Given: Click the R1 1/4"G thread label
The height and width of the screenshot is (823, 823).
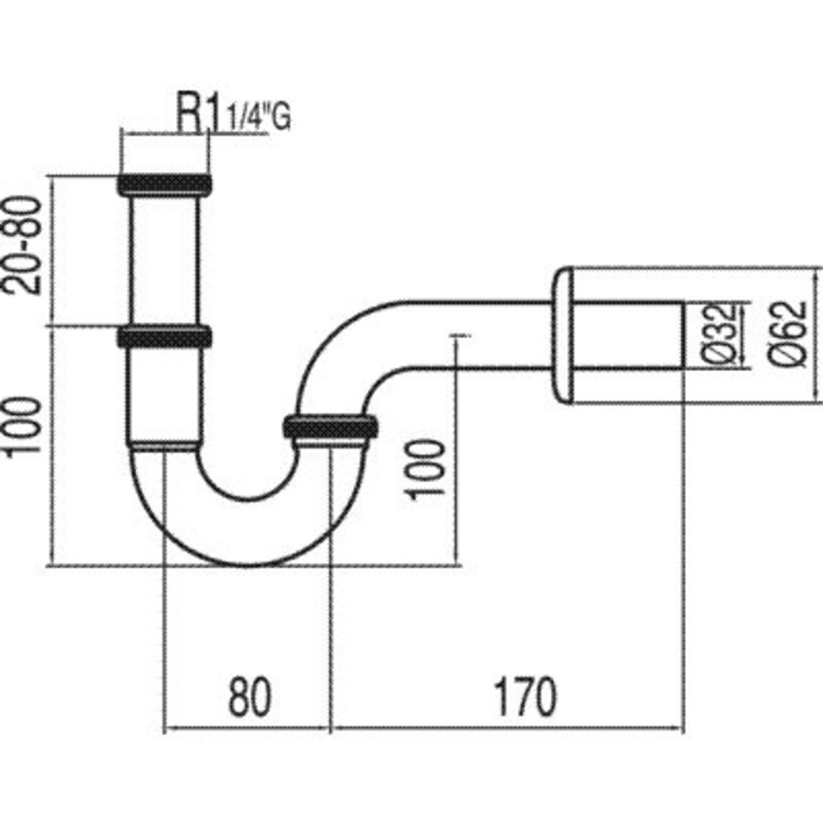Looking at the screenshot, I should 232,116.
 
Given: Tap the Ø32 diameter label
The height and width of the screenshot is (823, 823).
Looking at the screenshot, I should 722,334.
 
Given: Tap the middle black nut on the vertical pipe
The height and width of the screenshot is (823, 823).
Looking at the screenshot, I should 165,336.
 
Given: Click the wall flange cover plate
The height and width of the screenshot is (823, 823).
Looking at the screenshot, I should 563,335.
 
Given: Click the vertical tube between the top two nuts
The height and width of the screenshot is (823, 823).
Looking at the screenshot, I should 165,260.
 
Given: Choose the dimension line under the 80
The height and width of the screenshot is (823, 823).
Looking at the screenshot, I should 246,730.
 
